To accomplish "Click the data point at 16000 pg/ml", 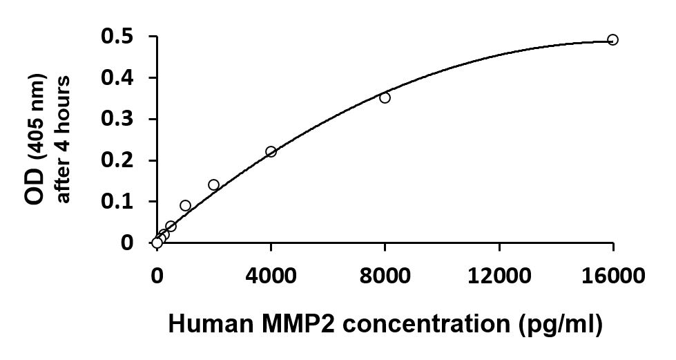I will click(612, 39).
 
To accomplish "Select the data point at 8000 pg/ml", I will click(385, 97).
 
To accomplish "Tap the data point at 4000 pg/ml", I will click(271, 151).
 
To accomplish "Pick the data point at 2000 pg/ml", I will click(213, 184).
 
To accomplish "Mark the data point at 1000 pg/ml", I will click(185, 205).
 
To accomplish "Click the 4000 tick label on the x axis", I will click(271, 276).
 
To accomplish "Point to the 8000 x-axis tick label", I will click(385, 276).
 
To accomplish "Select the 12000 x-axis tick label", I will click(499, 276).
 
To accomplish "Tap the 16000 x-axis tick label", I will click(612, 276).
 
